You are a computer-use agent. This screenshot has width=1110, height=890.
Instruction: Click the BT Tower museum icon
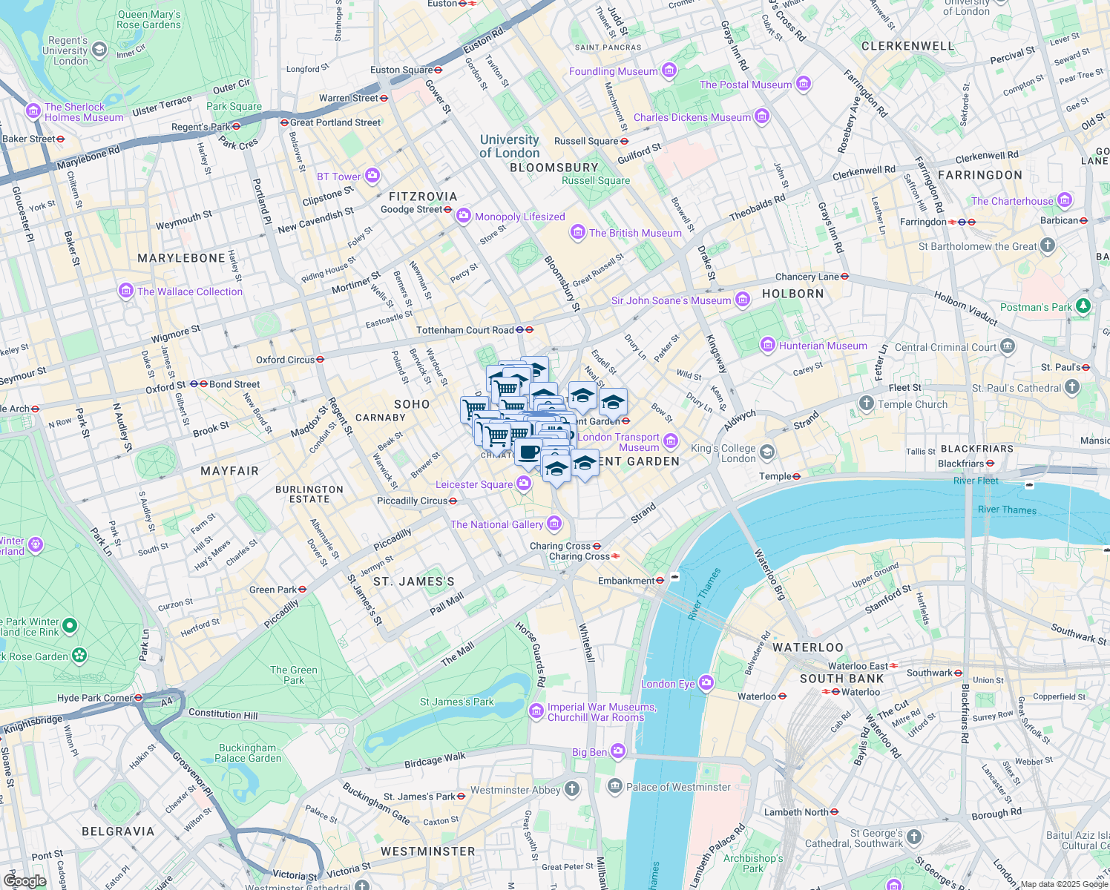click(x=372, y=176)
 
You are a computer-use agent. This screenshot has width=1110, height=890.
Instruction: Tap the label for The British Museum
click(x=635, y=233)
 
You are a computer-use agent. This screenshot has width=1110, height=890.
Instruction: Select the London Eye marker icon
click(x=706, y=683)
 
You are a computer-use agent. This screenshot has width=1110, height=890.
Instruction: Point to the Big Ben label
click(x=589, y=752)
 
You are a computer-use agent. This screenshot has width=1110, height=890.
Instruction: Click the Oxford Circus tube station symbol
click(x=321, y=360)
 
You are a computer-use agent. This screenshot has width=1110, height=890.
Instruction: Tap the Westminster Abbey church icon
click(x=571, y=789)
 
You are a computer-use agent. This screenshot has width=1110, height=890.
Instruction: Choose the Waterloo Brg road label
click(x=769, y=575)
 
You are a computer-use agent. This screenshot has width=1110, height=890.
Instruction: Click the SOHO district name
click(x=412, y=404)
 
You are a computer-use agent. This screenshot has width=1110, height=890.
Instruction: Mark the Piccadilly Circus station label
click(x=413, y=501)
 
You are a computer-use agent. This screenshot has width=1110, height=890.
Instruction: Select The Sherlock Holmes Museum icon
click(x=33, y=111)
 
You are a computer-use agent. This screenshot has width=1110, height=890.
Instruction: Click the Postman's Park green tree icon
click(x=1083, y=306)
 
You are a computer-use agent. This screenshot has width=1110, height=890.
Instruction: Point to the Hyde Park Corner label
click(x=95, y=698)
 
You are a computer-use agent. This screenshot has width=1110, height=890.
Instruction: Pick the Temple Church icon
click(x=866, y=403)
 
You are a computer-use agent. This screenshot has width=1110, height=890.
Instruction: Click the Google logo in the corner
click(x=25, y=881)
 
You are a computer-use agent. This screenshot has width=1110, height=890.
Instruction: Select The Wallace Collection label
click(x=190, y=291)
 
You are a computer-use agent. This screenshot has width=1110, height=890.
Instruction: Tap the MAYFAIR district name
click(x=229, y=471)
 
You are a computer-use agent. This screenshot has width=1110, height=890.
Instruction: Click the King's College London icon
click(x=766, y=452)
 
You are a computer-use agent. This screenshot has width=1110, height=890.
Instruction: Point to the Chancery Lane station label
click(x=807, y=277)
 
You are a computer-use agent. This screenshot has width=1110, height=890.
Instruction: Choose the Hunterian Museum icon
click(x=768, y=345)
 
